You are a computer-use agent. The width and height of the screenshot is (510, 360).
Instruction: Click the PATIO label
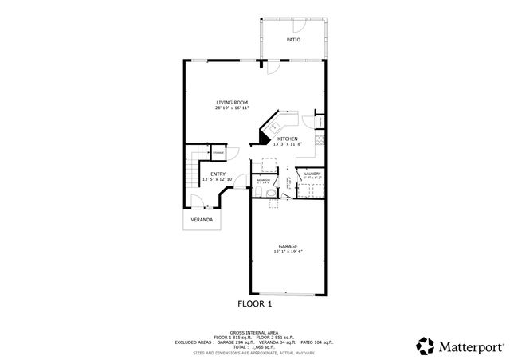pos(294,39)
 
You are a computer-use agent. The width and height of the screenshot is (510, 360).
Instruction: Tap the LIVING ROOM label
pos(232,103)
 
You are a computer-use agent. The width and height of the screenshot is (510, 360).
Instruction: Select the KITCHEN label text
pos(287,139)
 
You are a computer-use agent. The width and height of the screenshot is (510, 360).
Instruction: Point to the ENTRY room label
pos(218,174)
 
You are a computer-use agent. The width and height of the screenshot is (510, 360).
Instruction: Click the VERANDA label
pos(202,220)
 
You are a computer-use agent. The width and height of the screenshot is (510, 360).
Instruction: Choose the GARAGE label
pos(288,246)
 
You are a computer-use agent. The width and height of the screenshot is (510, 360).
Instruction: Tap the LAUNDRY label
pos(312,173)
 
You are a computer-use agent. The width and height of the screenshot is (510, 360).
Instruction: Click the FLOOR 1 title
pos(255,303)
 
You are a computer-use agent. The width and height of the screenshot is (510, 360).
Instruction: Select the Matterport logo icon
pos(425,345)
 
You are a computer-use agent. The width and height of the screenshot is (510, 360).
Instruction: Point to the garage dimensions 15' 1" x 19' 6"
pos(288,252)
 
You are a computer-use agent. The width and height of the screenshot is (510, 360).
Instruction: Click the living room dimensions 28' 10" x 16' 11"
pos(232,108)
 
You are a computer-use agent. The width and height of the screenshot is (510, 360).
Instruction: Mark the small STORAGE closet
pos(218,151)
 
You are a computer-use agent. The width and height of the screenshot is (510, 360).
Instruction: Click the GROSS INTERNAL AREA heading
pos(255,332)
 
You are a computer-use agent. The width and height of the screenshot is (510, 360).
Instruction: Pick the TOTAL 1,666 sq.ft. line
pos(255,346)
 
